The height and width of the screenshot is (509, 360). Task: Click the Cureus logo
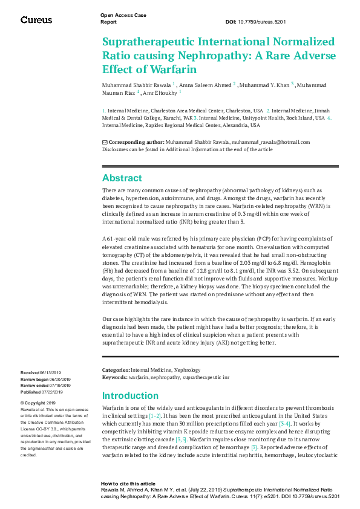click(x=36, y=20)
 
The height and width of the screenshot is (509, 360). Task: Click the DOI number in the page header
click(x=264, y=22)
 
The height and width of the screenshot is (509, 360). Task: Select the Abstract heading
click(x=122, y=178)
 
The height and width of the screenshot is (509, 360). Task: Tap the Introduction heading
click(x=130, y=396)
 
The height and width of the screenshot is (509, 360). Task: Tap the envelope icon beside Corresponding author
click(x=105, y=142)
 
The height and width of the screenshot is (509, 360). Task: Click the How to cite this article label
click(x=128, y=484)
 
